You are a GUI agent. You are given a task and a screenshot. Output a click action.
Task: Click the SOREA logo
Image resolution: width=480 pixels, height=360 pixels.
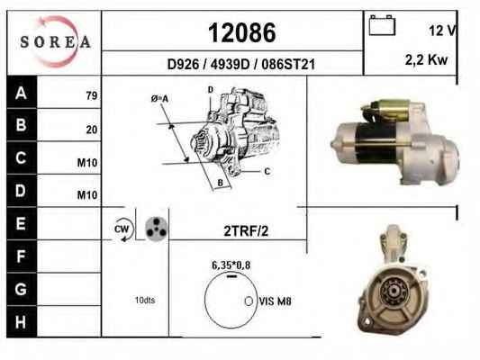[x=56, y=41]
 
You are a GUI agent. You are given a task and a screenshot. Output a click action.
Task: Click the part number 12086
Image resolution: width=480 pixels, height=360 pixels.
[x=242, y=32]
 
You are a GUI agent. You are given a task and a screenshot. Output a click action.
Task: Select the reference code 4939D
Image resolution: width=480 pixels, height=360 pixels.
[x=231, y=65]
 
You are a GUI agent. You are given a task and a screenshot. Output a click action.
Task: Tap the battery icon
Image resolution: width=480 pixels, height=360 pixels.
[x=382, y=25]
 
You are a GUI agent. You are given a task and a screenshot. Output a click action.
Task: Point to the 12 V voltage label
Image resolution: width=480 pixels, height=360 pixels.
[x=442, y=31]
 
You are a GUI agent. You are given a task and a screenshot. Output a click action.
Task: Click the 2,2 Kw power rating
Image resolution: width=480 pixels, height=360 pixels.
[x=426, y=59]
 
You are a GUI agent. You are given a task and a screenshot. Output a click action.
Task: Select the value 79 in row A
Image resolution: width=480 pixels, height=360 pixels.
[x=92, y=95]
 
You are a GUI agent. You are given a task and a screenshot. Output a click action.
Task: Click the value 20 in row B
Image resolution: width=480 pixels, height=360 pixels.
[x=92, y=130]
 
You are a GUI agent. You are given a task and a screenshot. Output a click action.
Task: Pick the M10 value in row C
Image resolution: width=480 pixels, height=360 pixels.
[x=87, y=163]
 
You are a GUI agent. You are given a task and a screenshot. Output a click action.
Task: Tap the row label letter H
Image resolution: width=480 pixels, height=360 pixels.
[x=21, y=322]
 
